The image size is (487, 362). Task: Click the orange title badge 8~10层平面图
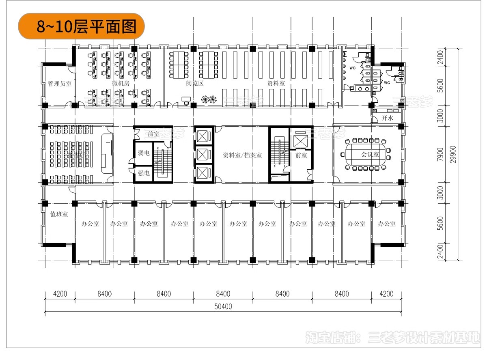tap(81, 26)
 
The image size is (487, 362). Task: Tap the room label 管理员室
tap(59, 83)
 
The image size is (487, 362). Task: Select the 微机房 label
tap(121, 83)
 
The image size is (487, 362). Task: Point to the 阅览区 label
tap(194, 83)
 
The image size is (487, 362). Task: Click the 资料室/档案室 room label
tap(242, 155)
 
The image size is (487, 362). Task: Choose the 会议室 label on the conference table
tap(370, 154)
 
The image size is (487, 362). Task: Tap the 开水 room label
tap(388, 119)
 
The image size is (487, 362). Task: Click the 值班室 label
tap(59, 214)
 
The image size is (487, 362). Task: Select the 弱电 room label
tap(144, 153)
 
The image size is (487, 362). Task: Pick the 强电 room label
tap(144, 173)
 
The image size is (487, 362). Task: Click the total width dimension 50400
tap(223, 306)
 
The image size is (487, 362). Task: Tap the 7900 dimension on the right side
tap(441, 154)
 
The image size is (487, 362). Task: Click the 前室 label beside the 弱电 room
tap(153, 134)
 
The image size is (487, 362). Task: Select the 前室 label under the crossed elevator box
tap(301, 155)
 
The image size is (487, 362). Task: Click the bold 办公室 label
tap(149, 223)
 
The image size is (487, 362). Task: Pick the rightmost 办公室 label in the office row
tap(386, 223)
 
